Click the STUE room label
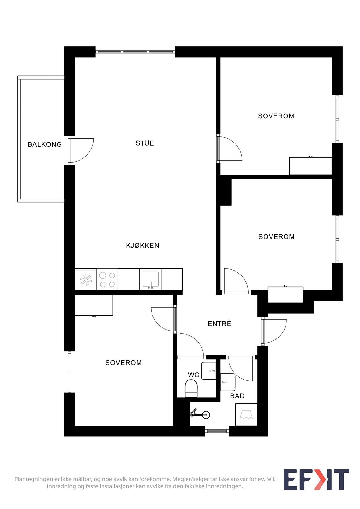(x=145, y=143)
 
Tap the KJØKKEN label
(x=143, y=245)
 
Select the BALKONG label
(x=45, y=144)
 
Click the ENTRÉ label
(x=219, y=324)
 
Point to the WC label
(x=194, y=375)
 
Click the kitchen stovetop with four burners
(x=107, y=280)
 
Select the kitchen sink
(x=151, y=280)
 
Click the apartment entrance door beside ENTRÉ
(x=274, y=331)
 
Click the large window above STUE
(x=135, y=52)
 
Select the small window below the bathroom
(x=217, y=431)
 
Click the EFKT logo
(x=316, y=479)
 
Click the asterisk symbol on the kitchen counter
(x=86, y=280)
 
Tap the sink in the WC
(x=208, y=371)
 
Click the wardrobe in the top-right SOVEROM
(x=310, y=166)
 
